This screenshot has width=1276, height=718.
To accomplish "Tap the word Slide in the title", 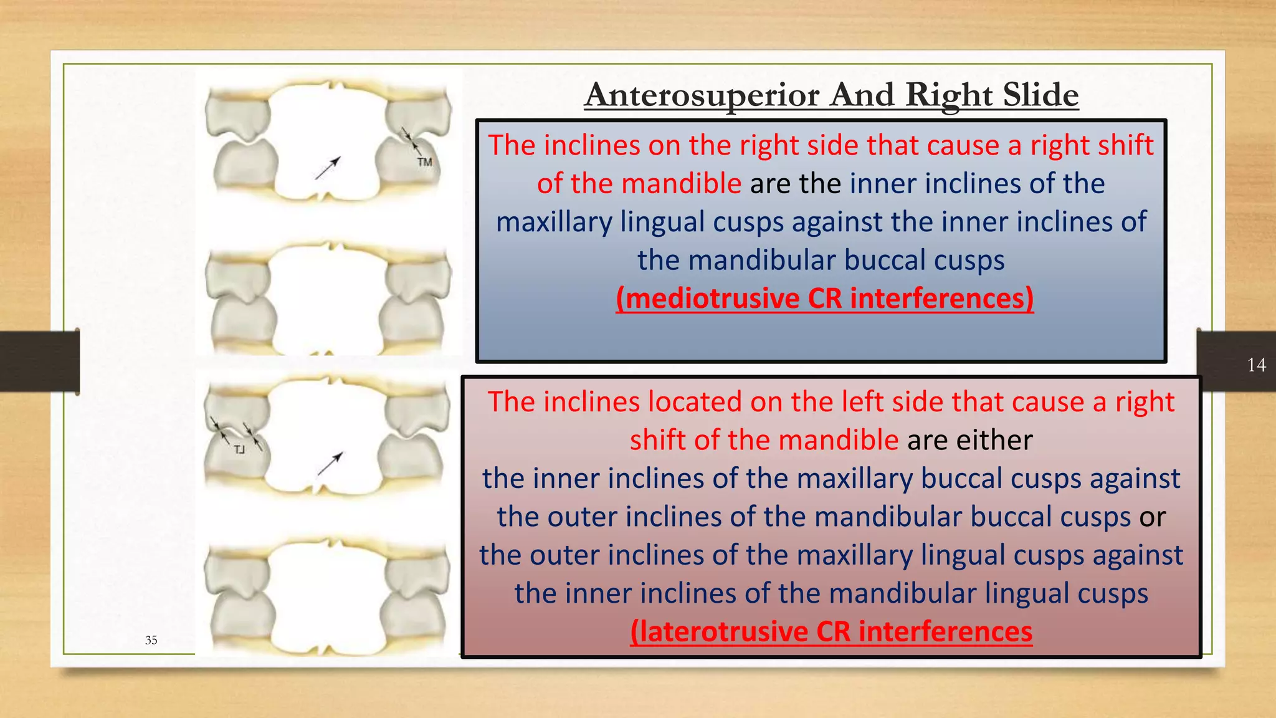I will point(1040,95).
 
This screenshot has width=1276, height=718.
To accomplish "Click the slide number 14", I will point(1256,365).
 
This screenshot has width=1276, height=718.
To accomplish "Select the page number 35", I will point(151,640).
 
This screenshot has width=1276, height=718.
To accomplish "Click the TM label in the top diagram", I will point(424,163).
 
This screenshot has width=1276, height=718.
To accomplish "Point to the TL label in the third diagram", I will point(240,450).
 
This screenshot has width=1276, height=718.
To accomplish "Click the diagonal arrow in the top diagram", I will point(328,168).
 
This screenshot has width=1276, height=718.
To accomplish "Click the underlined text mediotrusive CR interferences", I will point(824,298).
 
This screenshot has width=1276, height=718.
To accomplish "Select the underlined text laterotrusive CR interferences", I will point(831,631).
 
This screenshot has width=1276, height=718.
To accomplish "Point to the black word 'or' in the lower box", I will point(1153,517).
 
